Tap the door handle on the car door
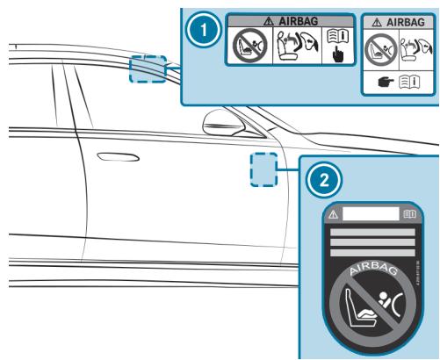pos(112,159)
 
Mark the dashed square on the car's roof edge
pos(148,68)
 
